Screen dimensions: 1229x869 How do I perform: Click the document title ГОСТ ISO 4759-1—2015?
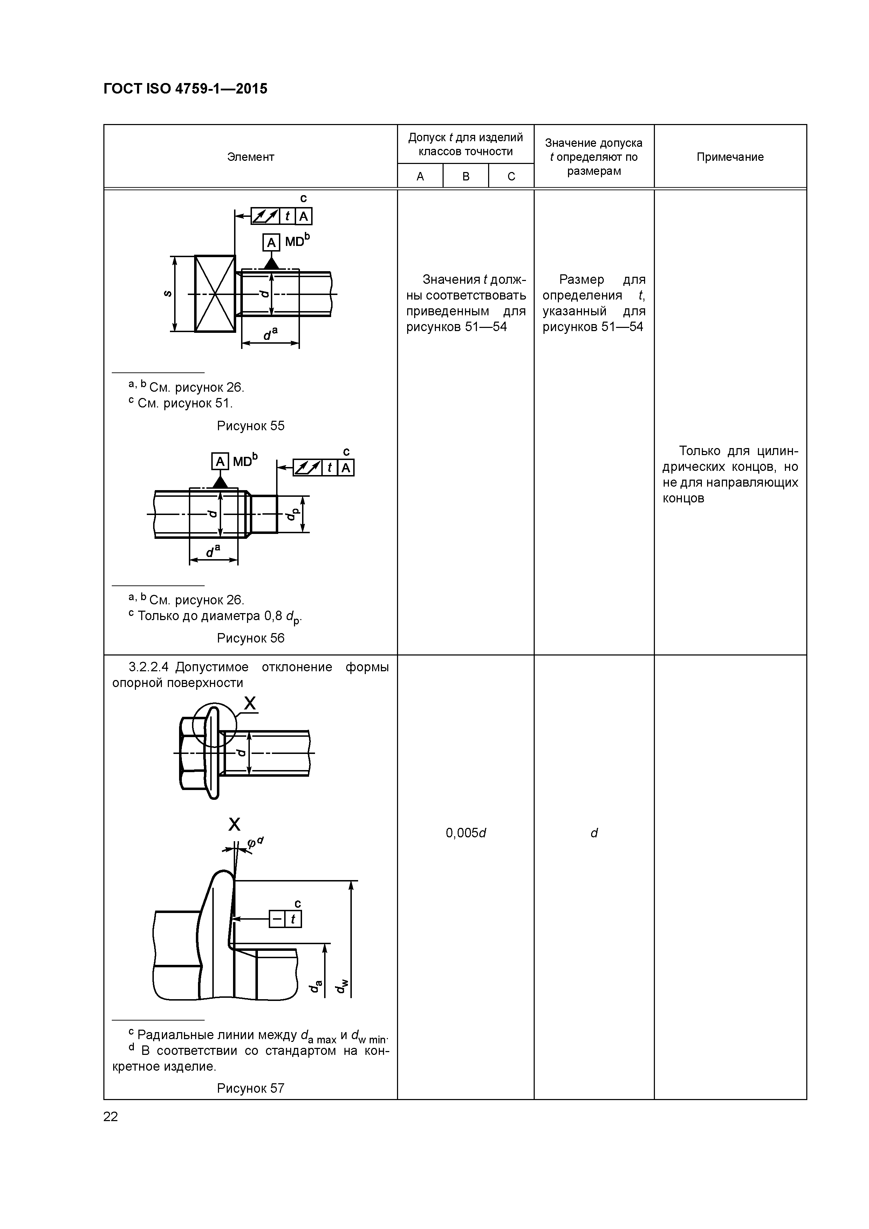185,89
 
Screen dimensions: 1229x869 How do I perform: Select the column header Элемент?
250,157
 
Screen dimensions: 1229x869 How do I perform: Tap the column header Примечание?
730,157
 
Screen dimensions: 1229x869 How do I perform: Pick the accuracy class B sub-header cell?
465,176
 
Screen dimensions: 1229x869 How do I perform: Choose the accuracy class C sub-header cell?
511,176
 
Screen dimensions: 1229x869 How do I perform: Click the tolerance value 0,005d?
465,833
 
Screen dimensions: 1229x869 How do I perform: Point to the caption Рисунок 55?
250,426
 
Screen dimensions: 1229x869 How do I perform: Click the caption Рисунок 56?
250,638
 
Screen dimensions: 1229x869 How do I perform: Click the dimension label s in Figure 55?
167,293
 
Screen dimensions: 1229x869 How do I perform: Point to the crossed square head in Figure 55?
215,293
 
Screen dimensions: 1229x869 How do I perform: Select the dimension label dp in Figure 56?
291,514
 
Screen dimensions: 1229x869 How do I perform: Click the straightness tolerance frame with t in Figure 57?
285,919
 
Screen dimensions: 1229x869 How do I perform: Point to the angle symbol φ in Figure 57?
251,844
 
